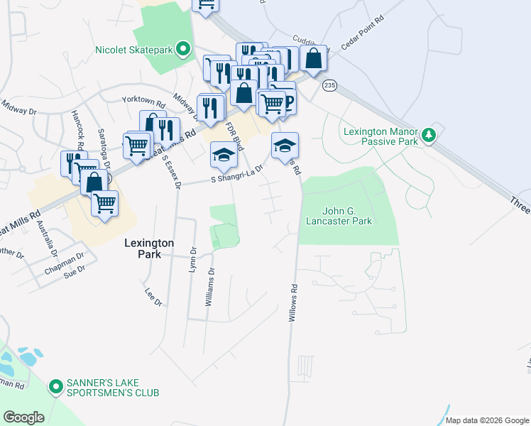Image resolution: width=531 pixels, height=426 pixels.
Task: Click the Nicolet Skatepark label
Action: pyautogui.click(x=135, y=50)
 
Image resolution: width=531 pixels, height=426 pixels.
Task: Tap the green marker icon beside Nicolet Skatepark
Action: pyautogui.click(x=184, y=49)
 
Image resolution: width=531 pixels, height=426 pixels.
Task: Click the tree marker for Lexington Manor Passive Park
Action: pyautogui.click(x=428, y=133)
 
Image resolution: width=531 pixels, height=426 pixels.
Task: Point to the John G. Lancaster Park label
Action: pyautogui.click(x=347, y=216)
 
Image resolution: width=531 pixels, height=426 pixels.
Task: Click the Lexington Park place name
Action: pyautogui.click(x=149, y=248)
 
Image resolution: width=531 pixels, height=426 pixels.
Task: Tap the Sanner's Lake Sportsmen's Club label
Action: pyautogui.click(x=113, y=387)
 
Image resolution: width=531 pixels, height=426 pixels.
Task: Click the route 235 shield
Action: pyautogui.click(x=328, y=85)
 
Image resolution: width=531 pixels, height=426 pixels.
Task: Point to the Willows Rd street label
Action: pyautogui.click(x=292, y=303)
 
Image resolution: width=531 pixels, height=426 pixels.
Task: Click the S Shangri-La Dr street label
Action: pyautogui.click(x=237, y=175)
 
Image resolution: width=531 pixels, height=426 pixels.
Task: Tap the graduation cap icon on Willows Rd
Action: pyautogui.click(x=285, y=146)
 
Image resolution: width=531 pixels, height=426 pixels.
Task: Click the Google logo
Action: pyautogui.click(x=24, y=417)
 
